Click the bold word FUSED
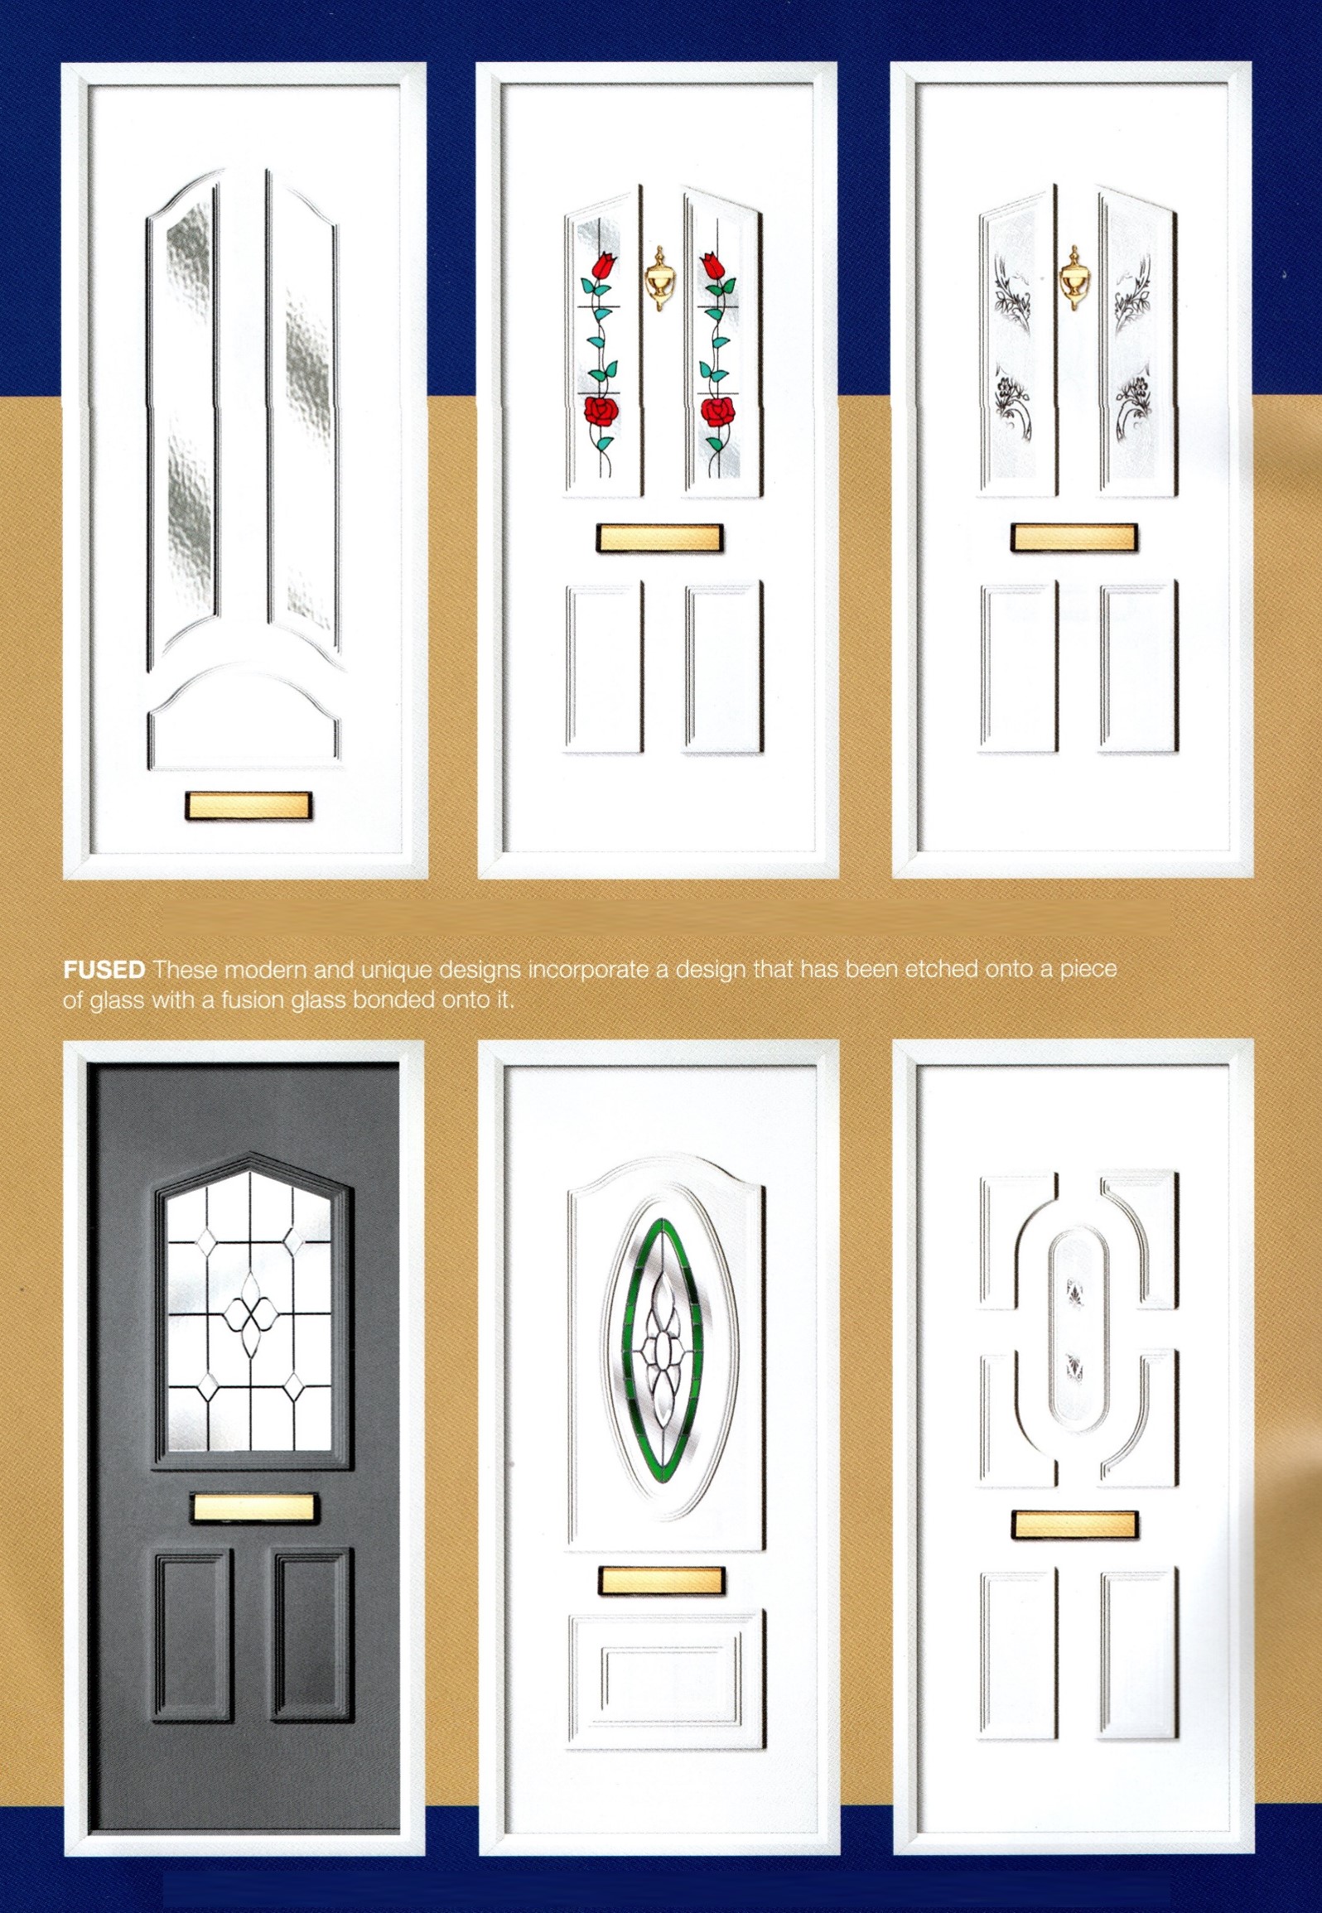(104, 970)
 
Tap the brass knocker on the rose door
(659, 278)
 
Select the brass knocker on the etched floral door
(1074, 278)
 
